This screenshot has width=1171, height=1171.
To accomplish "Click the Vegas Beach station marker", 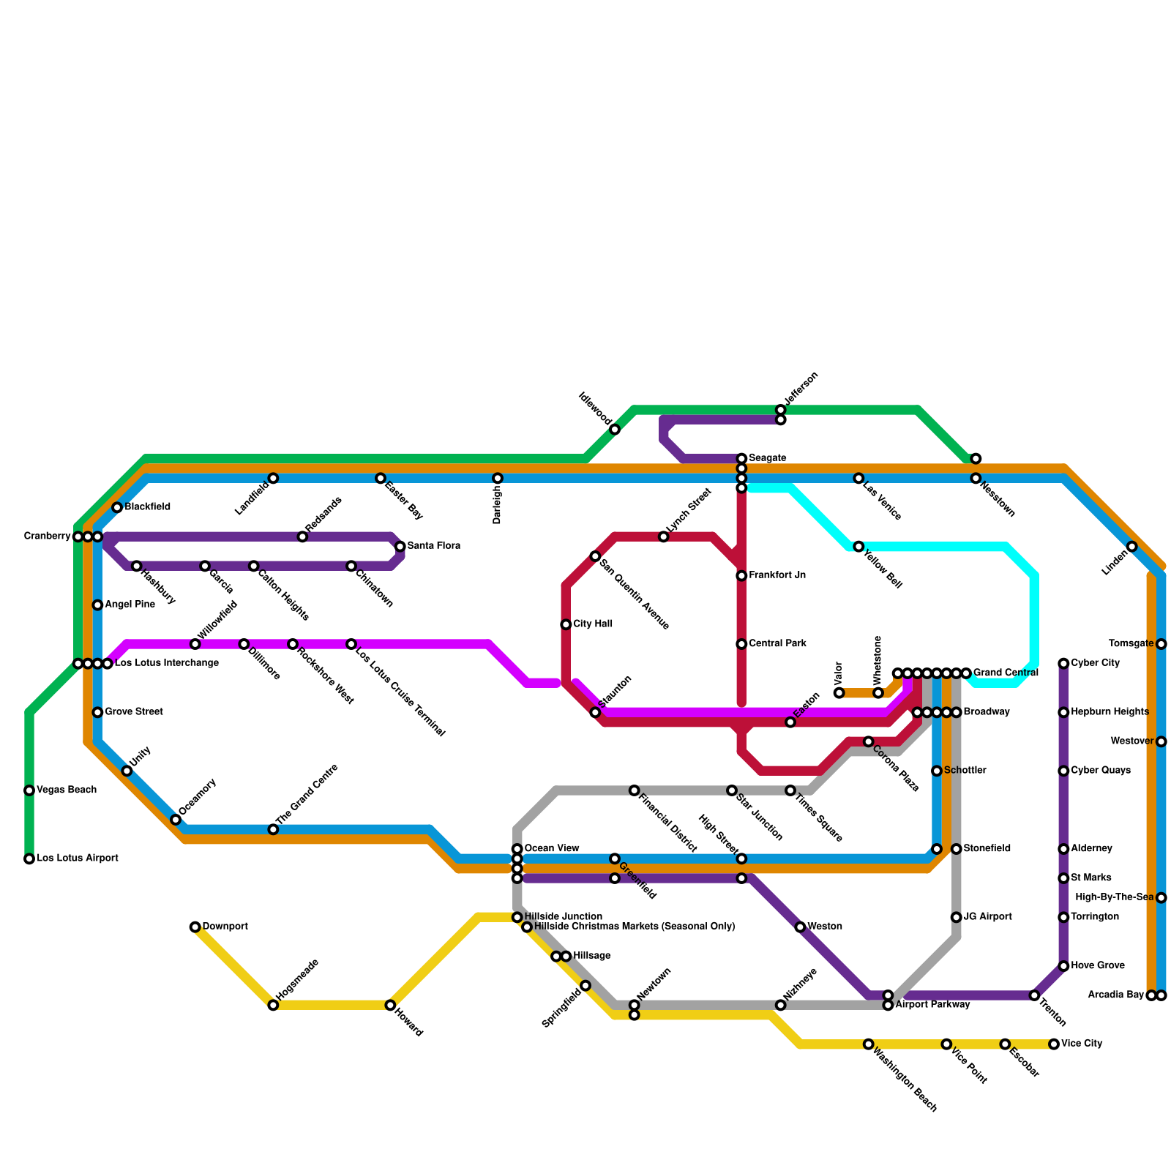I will (x=29, y=790).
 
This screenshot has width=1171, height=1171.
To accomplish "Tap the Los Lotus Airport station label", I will (x=77, y=858).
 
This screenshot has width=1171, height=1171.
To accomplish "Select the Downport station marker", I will (x=195, y=927).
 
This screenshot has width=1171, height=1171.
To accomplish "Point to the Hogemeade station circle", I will (x=273, y=1005).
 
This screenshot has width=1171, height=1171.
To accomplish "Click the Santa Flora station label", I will (x=433, y=547).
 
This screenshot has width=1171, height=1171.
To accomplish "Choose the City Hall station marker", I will (x=566, y=624).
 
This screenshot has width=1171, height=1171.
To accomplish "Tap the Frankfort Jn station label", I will (x=777, y=576).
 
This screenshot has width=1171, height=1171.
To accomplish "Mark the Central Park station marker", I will (x=741, y=644).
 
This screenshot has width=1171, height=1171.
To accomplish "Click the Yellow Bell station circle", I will (x=858, y=547).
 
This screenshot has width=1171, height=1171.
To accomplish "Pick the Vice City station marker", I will (x=1054, y=1044).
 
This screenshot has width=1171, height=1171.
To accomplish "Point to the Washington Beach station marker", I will (x=868, y=1044).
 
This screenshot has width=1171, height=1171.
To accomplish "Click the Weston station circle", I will (x=800, y=927).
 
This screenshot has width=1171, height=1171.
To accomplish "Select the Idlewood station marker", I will (x=615, y=430).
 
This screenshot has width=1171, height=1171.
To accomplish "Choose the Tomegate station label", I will (x=1131, y=644).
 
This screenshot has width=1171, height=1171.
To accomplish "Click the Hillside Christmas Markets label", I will (x=634, y=927).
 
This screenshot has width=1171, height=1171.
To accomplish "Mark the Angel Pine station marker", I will (x=97, y=605).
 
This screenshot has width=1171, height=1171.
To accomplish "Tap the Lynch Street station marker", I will (x=663, y=537).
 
